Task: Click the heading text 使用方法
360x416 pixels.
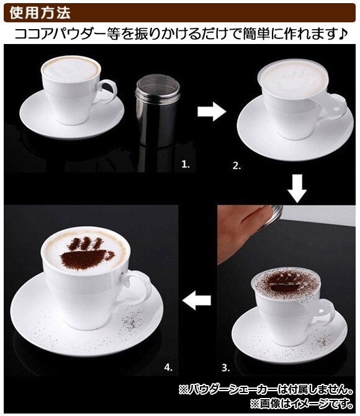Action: coord(40,12)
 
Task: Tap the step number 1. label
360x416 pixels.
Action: coord(186,164)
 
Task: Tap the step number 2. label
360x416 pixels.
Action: coord(236,166)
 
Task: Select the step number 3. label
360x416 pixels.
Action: coord(225,368)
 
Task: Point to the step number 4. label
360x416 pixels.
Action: coord(168,367)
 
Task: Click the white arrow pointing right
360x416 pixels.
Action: coord(212,112)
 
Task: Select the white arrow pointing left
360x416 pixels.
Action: coord(197,300)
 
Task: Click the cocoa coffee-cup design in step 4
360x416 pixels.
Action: coord(88,254)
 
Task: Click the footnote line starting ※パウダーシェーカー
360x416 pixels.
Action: coord(266,390)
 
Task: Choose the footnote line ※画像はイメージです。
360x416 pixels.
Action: coord(302,404)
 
